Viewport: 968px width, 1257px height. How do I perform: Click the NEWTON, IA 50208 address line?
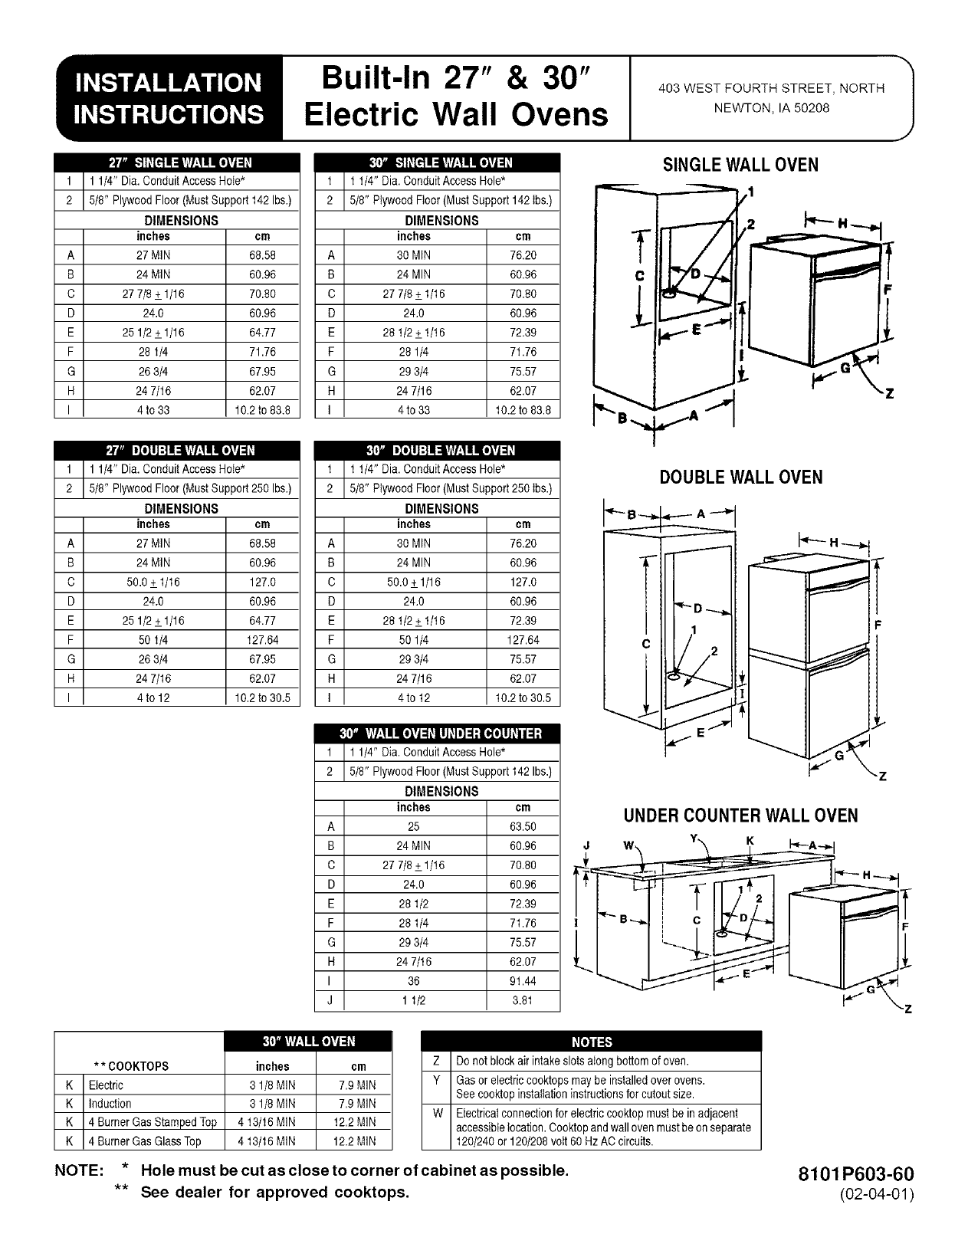771,108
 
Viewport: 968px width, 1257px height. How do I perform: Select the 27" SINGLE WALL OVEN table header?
177,162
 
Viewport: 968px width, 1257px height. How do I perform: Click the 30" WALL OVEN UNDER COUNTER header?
438,734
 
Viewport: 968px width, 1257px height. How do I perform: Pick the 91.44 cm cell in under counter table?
523,981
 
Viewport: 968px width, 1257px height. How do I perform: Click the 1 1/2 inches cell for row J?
414,1000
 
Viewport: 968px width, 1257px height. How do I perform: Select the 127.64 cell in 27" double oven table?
263,640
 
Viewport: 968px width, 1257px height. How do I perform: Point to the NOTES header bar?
592,1042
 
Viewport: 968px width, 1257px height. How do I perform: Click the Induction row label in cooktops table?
110,1104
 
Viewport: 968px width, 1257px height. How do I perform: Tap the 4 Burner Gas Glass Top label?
145,1141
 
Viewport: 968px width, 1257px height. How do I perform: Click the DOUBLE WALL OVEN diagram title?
740,478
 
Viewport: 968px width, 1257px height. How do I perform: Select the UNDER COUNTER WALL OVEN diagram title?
740,816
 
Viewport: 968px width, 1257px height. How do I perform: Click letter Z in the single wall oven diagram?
889,395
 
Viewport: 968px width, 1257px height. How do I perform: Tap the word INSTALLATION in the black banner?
167,83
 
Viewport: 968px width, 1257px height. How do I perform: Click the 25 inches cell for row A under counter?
414,826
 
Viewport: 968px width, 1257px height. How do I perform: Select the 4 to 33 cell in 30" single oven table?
414,410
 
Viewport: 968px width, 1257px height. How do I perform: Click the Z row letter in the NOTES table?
436,1062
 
